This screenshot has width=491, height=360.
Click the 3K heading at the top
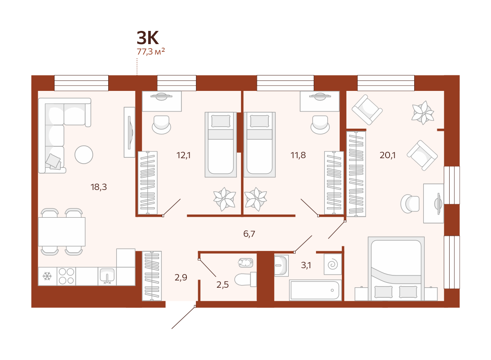(x=148, y=38)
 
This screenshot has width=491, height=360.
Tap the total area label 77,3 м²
(x=150, y=51)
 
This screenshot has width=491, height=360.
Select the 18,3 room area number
(x=99, y=187)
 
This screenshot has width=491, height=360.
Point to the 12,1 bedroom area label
(x=184, y=155)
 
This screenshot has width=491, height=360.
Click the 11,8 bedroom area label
(x=298, y=155)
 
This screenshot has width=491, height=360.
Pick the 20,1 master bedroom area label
(x=387, y=155)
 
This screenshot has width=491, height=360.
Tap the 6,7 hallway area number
(x=249, y=234)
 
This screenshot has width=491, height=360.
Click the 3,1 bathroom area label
(x=306, y=265)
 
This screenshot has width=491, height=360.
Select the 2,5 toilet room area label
(x=222, y=285)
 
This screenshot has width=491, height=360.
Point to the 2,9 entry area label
(x=181, y=277)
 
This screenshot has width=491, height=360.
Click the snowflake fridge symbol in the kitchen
(x=47, y=276)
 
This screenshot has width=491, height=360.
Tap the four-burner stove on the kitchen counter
(x=66, y=276)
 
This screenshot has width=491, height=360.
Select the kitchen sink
(x=107, y=276)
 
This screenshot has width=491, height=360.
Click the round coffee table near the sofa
(x=84, y=155)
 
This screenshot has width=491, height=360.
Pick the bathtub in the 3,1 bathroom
(x=315, y=290)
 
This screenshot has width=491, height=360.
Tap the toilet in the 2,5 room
(x=245, y=279)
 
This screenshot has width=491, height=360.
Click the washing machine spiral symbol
(x=332, y=265)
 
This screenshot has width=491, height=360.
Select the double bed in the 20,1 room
(x=396, y=269)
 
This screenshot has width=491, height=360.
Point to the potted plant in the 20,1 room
(x=423, y=112)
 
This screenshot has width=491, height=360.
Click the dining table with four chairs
(x=62, y=232)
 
